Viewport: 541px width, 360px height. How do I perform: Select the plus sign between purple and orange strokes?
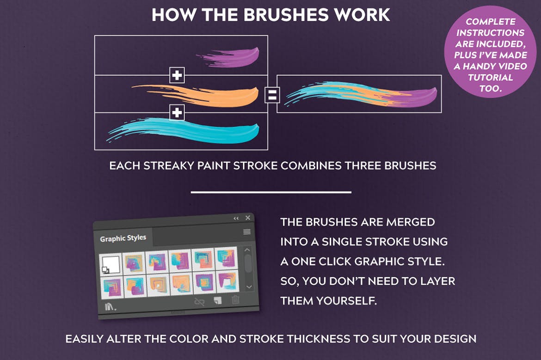(x=177, y=75)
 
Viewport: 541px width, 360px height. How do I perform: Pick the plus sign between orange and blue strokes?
(x=177, y=112)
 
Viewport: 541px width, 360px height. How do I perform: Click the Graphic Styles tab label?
(x=123, y=238)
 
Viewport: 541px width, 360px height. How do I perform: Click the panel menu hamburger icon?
(x=247, y=232)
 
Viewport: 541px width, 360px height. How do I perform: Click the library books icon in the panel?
(x=110, y=306)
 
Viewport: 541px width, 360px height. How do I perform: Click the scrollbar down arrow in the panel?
(x=249, y=287)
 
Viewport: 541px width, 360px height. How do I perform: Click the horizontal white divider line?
(x=271, y=192)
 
